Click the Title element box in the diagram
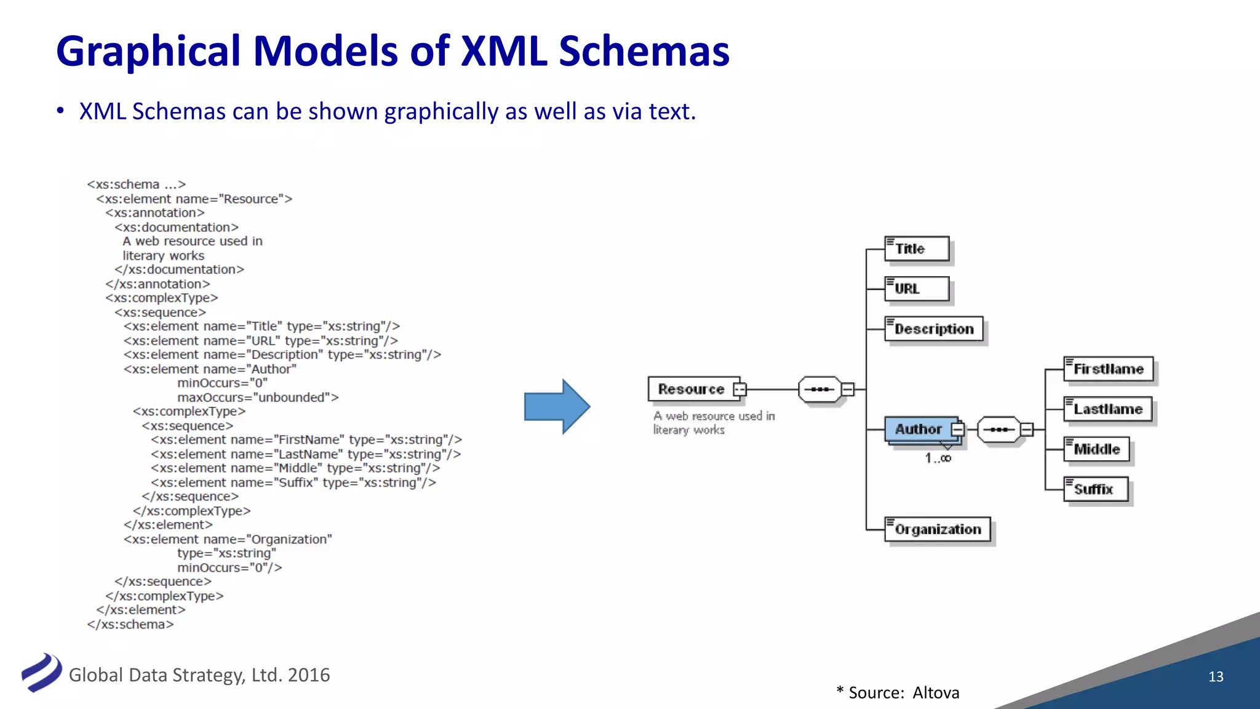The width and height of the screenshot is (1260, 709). (x=917, y=249)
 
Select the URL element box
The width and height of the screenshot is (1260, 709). (x=917, y=289)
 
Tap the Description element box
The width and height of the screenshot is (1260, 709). (x=933, y=329)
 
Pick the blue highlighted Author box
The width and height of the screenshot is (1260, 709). (x=920, y=429)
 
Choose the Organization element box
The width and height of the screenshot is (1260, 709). (x=937, y=529)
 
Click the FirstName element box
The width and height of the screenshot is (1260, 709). (x=1108, y=369)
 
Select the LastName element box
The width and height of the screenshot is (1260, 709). (x=1107, y=409)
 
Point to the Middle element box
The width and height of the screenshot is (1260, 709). (x=1096, y=449)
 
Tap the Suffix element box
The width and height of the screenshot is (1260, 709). (x=1095, y=489)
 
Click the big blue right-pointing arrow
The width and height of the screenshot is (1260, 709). (x=557, y=406)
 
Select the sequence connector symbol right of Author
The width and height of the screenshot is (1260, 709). (x=999, y=429)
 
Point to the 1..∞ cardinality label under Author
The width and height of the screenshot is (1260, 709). (x=938, y=458)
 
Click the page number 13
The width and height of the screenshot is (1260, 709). (x=1216, y=676)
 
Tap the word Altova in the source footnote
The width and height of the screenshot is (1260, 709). (x=936, y=693)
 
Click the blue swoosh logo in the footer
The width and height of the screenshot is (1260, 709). (x=42, y=672)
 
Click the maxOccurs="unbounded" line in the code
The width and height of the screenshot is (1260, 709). (x=258, y=398)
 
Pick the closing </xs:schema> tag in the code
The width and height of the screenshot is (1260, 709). (x=130, y=625)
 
